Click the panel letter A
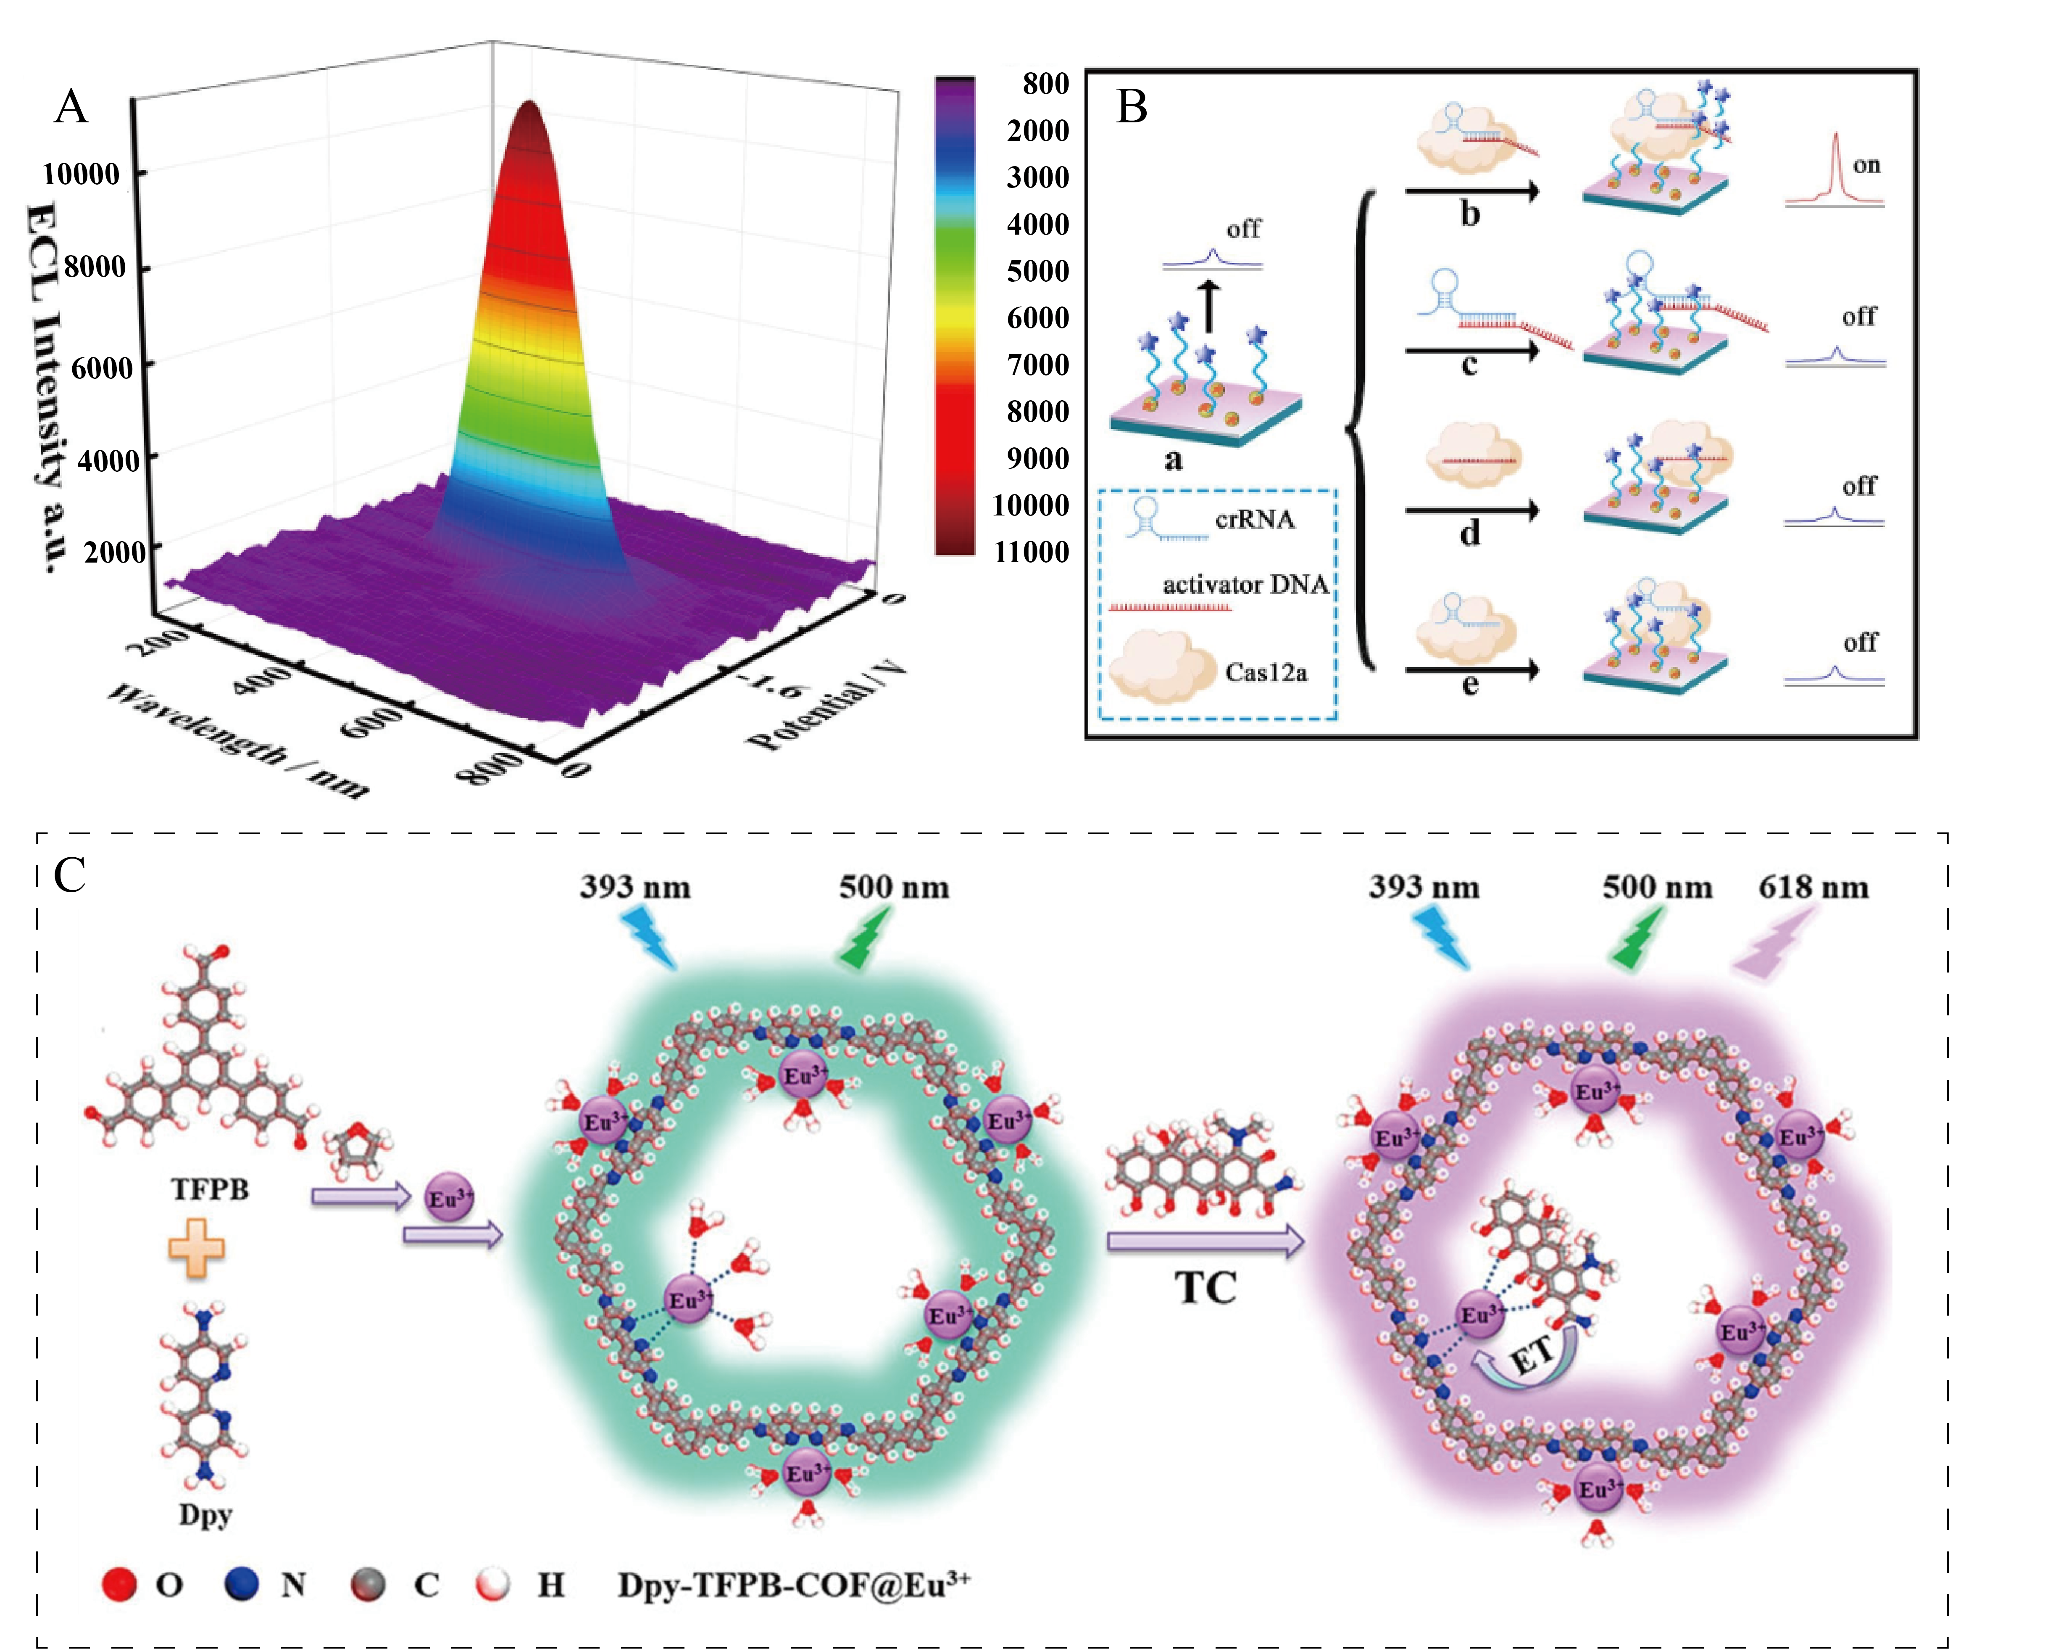71,107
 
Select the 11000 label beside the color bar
1031,552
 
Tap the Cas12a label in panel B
1266,673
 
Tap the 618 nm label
1812,888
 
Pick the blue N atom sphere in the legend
242,1584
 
